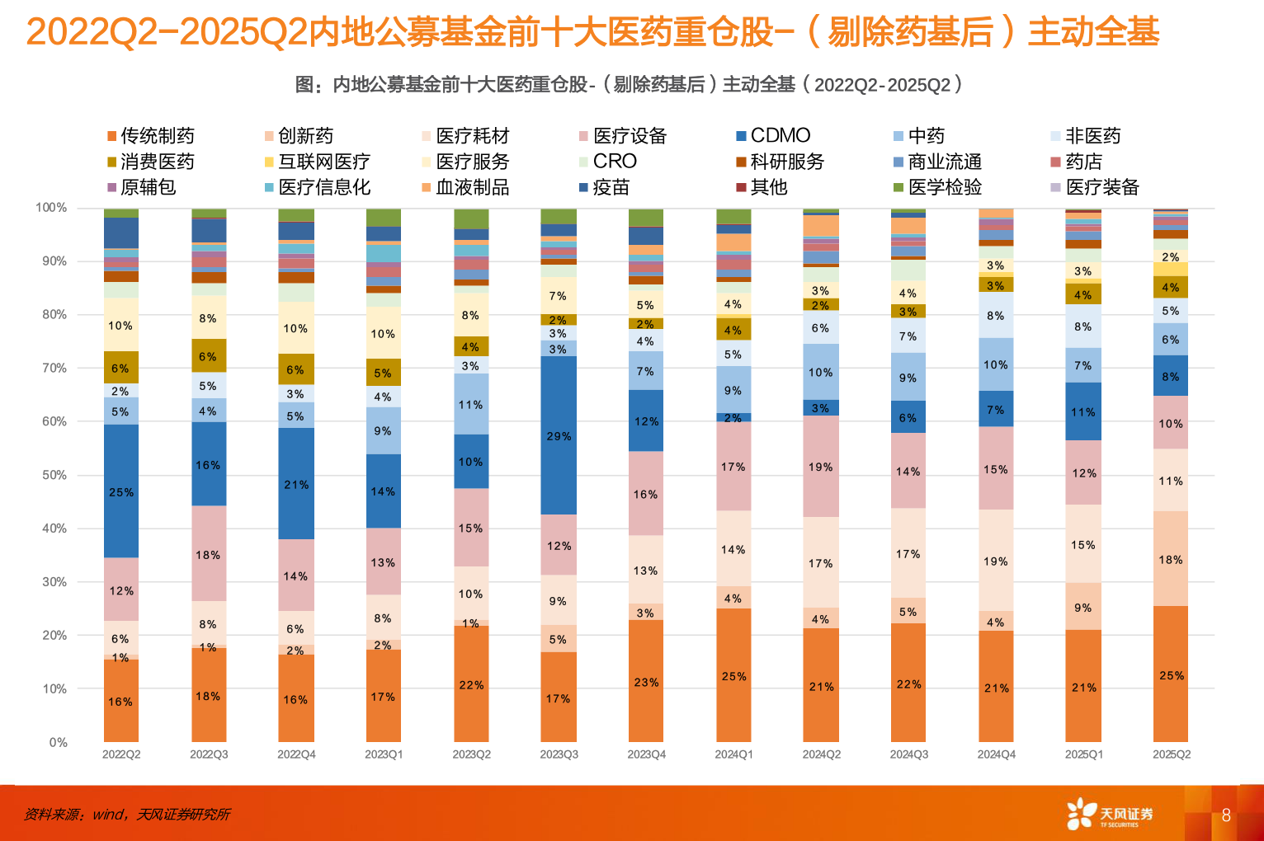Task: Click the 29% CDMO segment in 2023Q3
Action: point(559,435)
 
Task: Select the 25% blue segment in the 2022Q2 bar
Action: point(121,491)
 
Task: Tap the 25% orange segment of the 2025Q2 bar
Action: point(1171,674)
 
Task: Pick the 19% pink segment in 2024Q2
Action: point(821,467)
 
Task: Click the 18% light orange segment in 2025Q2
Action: point(1171,559)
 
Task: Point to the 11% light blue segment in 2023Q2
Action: point(471,404)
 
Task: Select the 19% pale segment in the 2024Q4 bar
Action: point(996,561)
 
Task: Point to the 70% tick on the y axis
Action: point(54,368)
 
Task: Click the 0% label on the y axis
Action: point(58,742)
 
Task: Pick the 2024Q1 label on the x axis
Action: point(733,754)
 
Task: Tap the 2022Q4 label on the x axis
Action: point(296,754)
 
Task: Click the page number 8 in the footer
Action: point(1226,815)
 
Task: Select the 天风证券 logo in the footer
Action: point(1110,814)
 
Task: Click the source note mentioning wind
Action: point(127,815)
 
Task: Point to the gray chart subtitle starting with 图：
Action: point(629,85)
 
